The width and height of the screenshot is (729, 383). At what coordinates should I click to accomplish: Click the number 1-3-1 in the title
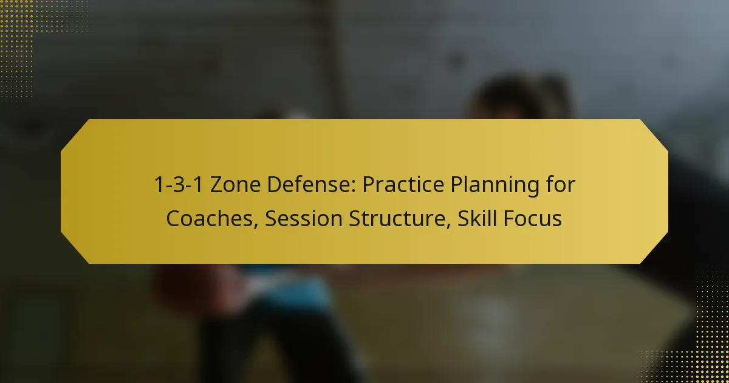pyautogui.click(x=179, y=185)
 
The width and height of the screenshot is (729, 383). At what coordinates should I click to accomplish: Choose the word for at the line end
pyautogui.click(x=559, y=184)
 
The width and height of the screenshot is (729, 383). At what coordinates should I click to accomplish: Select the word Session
pyautogui.click(x=303, y=218)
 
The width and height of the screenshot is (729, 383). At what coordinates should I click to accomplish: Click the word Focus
pyautogui.click(x=532, y=218)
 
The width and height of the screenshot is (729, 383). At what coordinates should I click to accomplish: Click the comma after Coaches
pyautogui.click(x=256, y=226)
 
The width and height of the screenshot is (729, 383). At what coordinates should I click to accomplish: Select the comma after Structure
pyautogui.click(x=448, y=226)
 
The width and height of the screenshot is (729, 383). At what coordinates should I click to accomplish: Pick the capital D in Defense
pyautogui.click(x=275, y=185)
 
